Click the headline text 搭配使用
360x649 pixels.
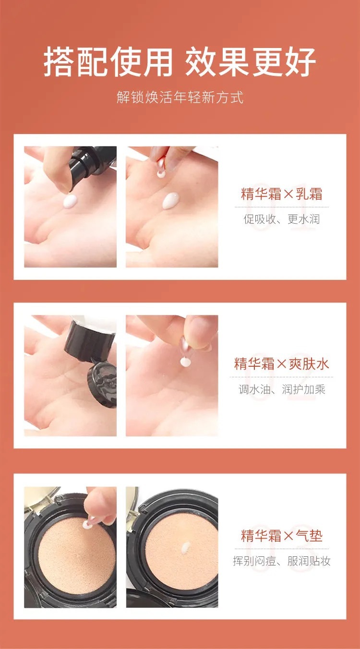pyautogui.click(x=108, y=62)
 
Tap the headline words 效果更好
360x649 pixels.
pyautogui.click(x=251, y=62)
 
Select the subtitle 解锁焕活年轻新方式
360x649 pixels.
pyautogui.click(x=180, y=97)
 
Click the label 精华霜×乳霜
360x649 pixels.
pyautogui.click(x=281, y=194)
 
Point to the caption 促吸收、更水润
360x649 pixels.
pyautogui.click(x=281, y=219)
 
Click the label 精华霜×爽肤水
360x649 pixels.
pyautogui.click(x=281, y=363)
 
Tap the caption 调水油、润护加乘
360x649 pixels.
pyautogui.click(x=281, y=389)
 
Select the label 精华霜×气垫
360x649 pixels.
pyautogui.click(x=281, y=535)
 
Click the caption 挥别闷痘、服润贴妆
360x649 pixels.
pyautogui.click(x=281, y=561)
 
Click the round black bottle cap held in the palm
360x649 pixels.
pyautogui.click(x=102, y=384)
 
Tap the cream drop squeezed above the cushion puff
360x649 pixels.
pyautogui.click(x=88, y=525)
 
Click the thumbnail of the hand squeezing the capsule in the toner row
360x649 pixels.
pyautogui.click(x=172, y=375)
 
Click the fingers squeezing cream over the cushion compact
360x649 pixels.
pyautogui.click(x=101, y=504)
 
